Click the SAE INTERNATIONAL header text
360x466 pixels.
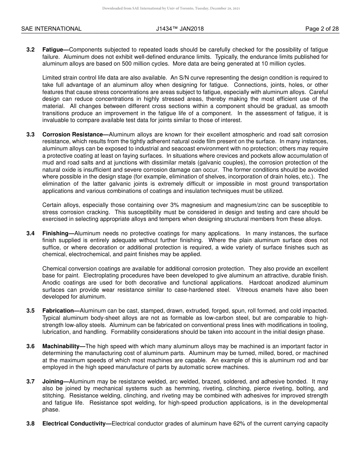pos(51,29)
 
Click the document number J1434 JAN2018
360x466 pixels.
pos(180,29)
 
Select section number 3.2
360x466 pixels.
pos(31,50)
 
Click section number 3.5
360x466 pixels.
pos(31,311)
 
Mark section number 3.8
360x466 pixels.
pos(31,424)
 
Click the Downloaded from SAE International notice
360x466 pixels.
pos(171,8)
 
